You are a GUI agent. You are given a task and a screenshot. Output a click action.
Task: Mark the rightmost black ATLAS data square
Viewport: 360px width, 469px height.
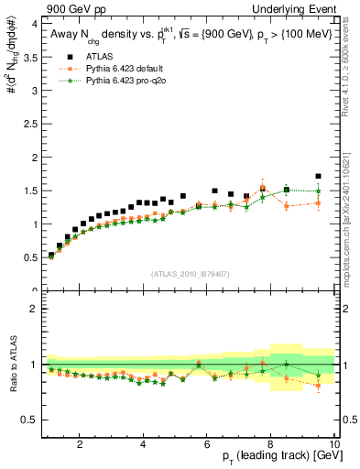click(318, 176)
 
